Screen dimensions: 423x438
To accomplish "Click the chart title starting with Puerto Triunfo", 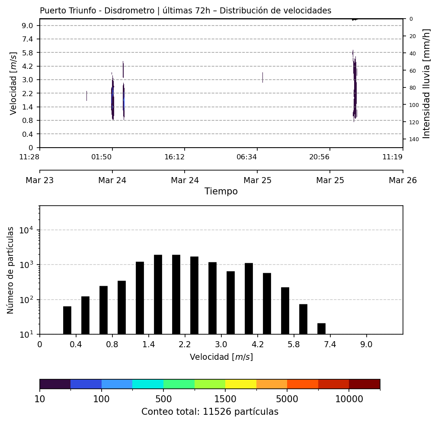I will tap(185, 11).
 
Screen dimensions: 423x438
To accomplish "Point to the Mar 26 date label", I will tap(403, 180).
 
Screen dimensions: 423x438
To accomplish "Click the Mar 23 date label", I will tap(40, 180).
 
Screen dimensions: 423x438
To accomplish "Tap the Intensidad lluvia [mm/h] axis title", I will tap(427, 84).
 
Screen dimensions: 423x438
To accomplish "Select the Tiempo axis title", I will tap(221, 191).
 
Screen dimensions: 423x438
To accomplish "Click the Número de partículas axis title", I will tap(11, 270).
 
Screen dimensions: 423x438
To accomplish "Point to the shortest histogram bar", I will tap(321, 329).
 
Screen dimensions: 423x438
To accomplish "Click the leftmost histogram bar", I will tap(67, 320).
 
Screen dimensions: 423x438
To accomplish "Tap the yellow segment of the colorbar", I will tap(241, 384).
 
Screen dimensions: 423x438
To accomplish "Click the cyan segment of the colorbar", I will tap(148, 384).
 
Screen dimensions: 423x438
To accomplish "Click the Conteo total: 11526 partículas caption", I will tap(210, 412).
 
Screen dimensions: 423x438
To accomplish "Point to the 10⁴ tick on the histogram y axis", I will tap(27, 230).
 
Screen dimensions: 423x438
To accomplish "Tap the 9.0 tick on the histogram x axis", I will tap(367, 345).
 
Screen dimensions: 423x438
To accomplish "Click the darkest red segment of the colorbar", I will tap(364, 384).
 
